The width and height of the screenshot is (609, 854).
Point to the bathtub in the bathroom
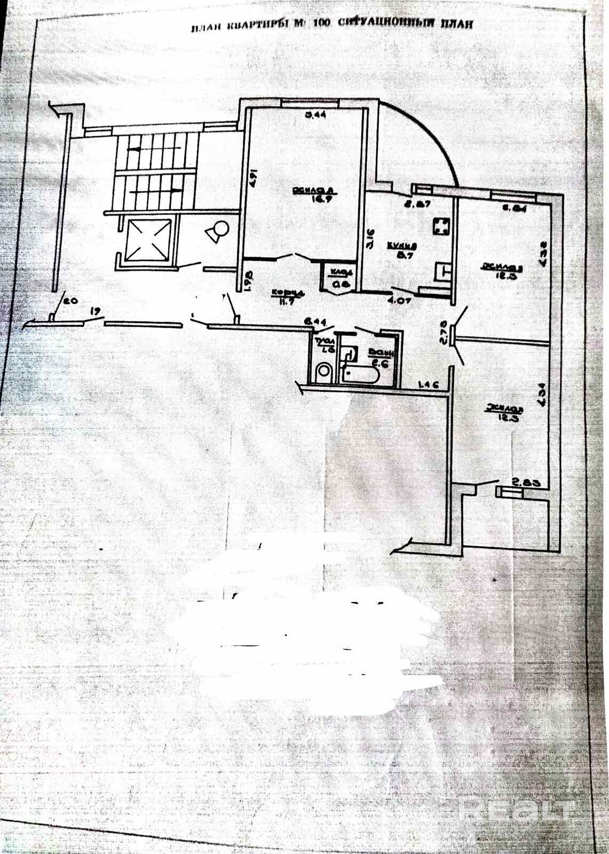point(361,375)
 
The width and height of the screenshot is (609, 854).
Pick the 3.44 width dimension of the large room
point(315,114)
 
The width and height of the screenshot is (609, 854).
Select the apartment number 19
point(96,310)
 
